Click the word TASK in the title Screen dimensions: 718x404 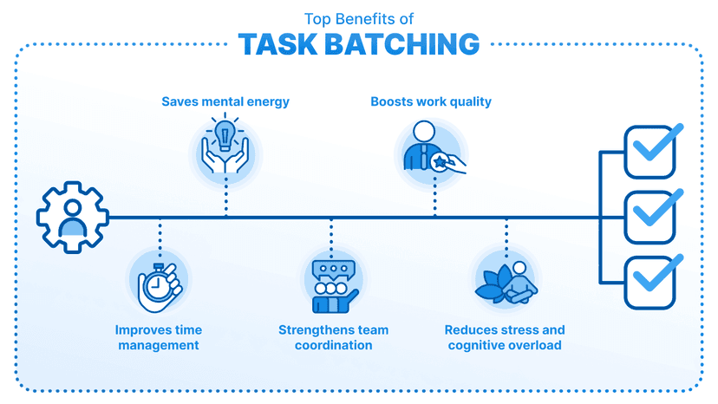[278, 44]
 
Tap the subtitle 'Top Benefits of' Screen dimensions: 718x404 [359, 19]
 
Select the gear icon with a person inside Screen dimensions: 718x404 [72, 217]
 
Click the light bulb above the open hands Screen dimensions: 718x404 [225, 134]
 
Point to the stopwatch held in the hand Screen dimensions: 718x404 [157, 284]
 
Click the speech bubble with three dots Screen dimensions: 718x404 [334, 270]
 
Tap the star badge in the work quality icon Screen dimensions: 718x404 [440, 162]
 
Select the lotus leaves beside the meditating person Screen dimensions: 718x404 [495, 284]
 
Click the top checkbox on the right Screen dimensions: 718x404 [650, 152]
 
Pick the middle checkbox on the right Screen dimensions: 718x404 [650, 217]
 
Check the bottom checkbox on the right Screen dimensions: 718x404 [650, 283]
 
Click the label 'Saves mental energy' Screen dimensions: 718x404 [225, 101]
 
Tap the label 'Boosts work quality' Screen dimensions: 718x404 [431, 101]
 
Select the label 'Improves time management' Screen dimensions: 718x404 [159, 337]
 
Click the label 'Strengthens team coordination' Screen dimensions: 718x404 [333, 337]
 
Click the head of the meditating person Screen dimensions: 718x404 [519, 267]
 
